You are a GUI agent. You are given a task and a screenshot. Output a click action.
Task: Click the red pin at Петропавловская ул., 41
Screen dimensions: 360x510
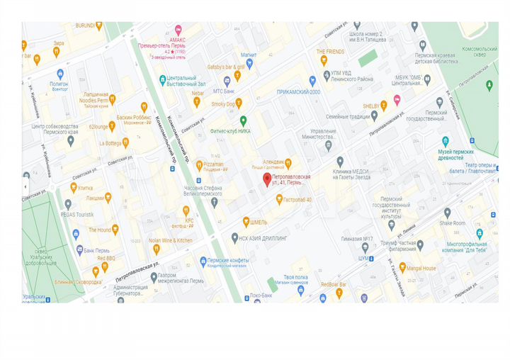[267, 180]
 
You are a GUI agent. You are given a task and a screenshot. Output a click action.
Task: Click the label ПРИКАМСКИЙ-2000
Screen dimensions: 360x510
[299, 92]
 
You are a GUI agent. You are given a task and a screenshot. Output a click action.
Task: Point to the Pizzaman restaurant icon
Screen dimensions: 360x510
[198, 164]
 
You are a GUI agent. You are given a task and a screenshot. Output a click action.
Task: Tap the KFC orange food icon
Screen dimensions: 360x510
[186, 210]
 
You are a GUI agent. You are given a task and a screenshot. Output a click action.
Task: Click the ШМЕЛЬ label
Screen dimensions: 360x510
[258, 221]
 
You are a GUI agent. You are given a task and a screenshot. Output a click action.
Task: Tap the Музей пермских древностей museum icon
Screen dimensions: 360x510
[445, 141]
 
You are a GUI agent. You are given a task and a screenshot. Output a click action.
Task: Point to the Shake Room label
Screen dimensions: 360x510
[453, 223]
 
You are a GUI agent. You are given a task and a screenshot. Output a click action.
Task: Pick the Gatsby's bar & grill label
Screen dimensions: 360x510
[227, 67]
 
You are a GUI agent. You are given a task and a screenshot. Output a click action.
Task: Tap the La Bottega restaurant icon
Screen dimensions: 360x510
[125, 142]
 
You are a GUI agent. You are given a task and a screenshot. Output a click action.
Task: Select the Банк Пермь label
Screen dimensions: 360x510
[97, 250]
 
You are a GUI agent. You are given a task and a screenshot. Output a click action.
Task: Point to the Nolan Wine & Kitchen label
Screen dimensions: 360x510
[170, 240]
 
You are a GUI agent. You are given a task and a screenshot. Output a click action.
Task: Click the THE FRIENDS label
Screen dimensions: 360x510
[330, 52]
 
